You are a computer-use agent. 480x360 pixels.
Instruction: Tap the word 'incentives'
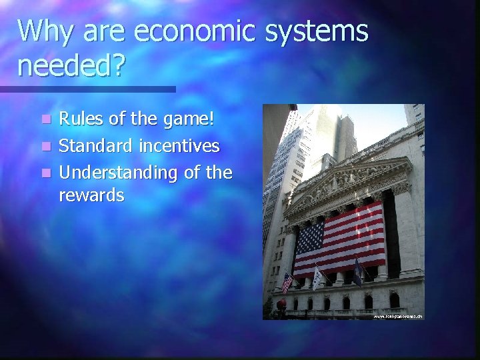point(181,146)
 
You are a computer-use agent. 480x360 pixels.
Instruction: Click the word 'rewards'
point(91,195)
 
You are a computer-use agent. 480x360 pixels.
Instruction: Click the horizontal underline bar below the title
point(87,89)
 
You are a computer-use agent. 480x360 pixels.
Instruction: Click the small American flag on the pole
point(287,282)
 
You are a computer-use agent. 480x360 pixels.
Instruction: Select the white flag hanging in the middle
point(318,277)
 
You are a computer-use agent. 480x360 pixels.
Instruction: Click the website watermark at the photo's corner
point(397,316)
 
